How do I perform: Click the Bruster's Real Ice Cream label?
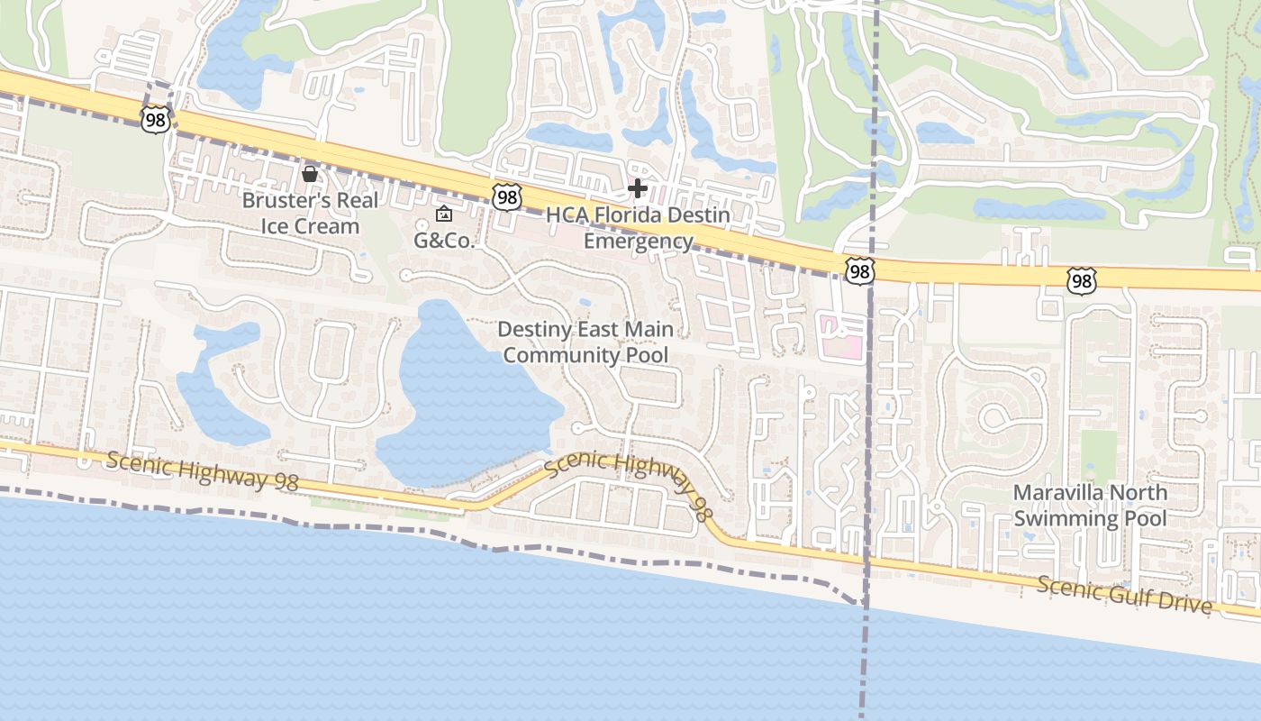310,213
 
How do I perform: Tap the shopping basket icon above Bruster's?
310,173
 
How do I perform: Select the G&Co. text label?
443,241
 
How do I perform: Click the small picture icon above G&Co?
443,214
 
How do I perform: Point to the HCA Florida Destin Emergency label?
639,228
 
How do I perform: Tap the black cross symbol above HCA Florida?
638,188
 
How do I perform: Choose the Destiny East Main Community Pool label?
585,342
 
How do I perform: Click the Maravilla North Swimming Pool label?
1090,506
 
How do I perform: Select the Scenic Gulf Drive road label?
1124,595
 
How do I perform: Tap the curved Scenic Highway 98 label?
627,478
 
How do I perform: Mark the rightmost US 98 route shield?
1081,281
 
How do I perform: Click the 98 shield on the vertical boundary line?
859,269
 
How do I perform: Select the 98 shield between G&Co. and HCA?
506,196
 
